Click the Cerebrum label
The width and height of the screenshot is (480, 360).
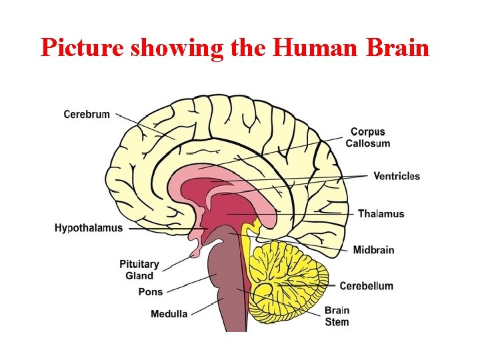coord(87,114)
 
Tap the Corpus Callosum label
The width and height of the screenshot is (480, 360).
coord(367,137)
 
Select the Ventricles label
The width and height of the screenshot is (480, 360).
coord(396,176)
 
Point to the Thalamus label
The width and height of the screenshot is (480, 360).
coord(381,214)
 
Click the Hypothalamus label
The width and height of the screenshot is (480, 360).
coord(89,228)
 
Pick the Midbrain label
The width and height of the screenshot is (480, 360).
coord(373,250)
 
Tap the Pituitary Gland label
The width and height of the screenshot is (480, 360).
coord(139,270)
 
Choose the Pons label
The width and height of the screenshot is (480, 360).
coord(150,292)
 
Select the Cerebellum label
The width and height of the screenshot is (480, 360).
coord(366,286)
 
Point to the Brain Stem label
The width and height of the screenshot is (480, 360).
coord(337,316)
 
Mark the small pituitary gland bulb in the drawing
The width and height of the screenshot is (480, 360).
coord(195,252)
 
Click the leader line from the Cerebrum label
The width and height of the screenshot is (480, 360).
coord(143,127)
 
